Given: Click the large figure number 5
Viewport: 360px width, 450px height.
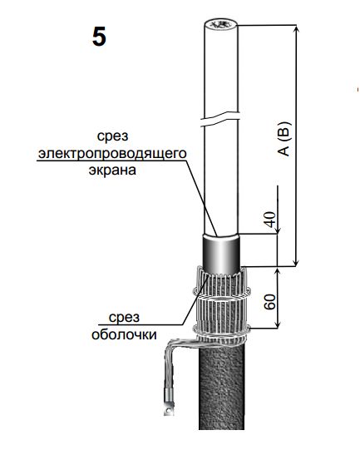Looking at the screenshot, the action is (99, 37).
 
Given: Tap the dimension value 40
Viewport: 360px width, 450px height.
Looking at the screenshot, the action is (270, 220).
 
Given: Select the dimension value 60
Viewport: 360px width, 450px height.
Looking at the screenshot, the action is (270, 302).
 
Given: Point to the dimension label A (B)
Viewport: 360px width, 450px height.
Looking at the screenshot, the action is (284, 139).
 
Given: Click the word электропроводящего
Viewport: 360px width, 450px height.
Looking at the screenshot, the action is (112, 153).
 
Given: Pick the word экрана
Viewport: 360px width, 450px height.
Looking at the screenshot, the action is (112, 171).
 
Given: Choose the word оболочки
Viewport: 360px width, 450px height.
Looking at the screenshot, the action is (124, 334).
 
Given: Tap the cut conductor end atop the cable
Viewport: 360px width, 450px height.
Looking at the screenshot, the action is (221, 25).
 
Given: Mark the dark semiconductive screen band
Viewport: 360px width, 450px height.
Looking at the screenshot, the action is (221, 253).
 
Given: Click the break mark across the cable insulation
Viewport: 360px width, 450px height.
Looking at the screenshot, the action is (219, 119).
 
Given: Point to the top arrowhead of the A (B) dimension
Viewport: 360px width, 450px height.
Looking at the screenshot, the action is (297, 30).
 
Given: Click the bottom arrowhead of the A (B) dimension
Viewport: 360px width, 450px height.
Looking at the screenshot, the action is (297, 262).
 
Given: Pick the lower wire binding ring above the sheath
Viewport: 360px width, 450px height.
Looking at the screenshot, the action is (221, 334).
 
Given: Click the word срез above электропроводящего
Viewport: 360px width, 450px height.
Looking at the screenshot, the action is (112, 136).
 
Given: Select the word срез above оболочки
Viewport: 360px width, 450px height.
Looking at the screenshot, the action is (124, 318).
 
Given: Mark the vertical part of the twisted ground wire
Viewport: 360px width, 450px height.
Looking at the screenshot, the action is (168, 368).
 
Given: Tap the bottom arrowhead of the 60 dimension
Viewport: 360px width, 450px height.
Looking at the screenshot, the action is (278, 324).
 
